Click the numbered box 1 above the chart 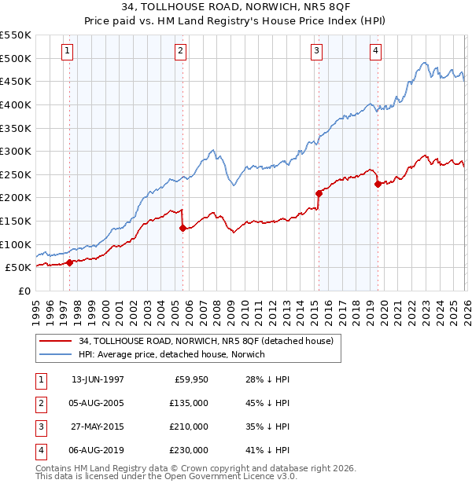coord(68,52)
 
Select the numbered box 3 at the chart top coord(316,52)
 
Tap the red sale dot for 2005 coord(183,229)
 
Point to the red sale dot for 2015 coord(319,193)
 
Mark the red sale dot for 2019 coord(378,184)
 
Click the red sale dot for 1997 coord(70,263)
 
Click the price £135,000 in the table coord(190,403)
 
